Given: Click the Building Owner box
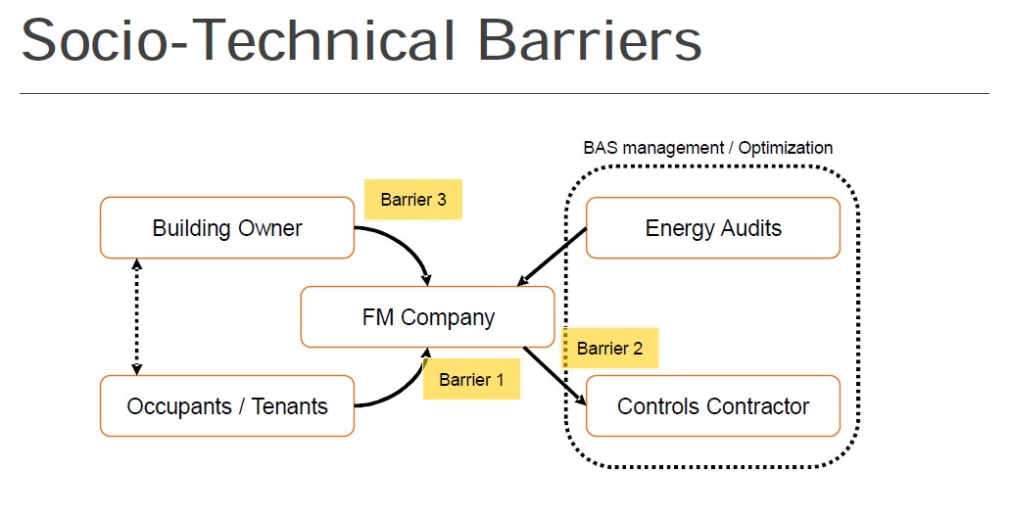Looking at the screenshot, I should (x=227, y=228).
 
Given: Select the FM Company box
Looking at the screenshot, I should (x=428, y=317).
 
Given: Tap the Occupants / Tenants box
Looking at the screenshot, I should (x=227, y=405).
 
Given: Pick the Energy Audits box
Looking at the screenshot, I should (x=712, y=228).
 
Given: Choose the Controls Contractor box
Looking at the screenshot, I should (x=712, y=405).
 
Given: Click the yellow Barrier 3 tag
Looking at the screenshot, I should (x=413, y=200).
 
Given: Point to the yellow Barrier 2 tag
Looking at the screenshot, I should (x=609, y=348).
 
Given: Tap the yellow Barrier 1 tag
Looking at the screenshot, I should (x=471, y=379).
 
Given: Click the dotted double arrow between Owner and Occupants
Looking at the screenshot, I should (x=137, y=316).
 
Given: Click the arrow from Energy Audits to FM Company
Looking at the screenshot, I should (x=552, y=257).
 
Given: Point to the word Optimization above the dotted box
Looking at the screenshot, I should (x=786, y=148).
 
